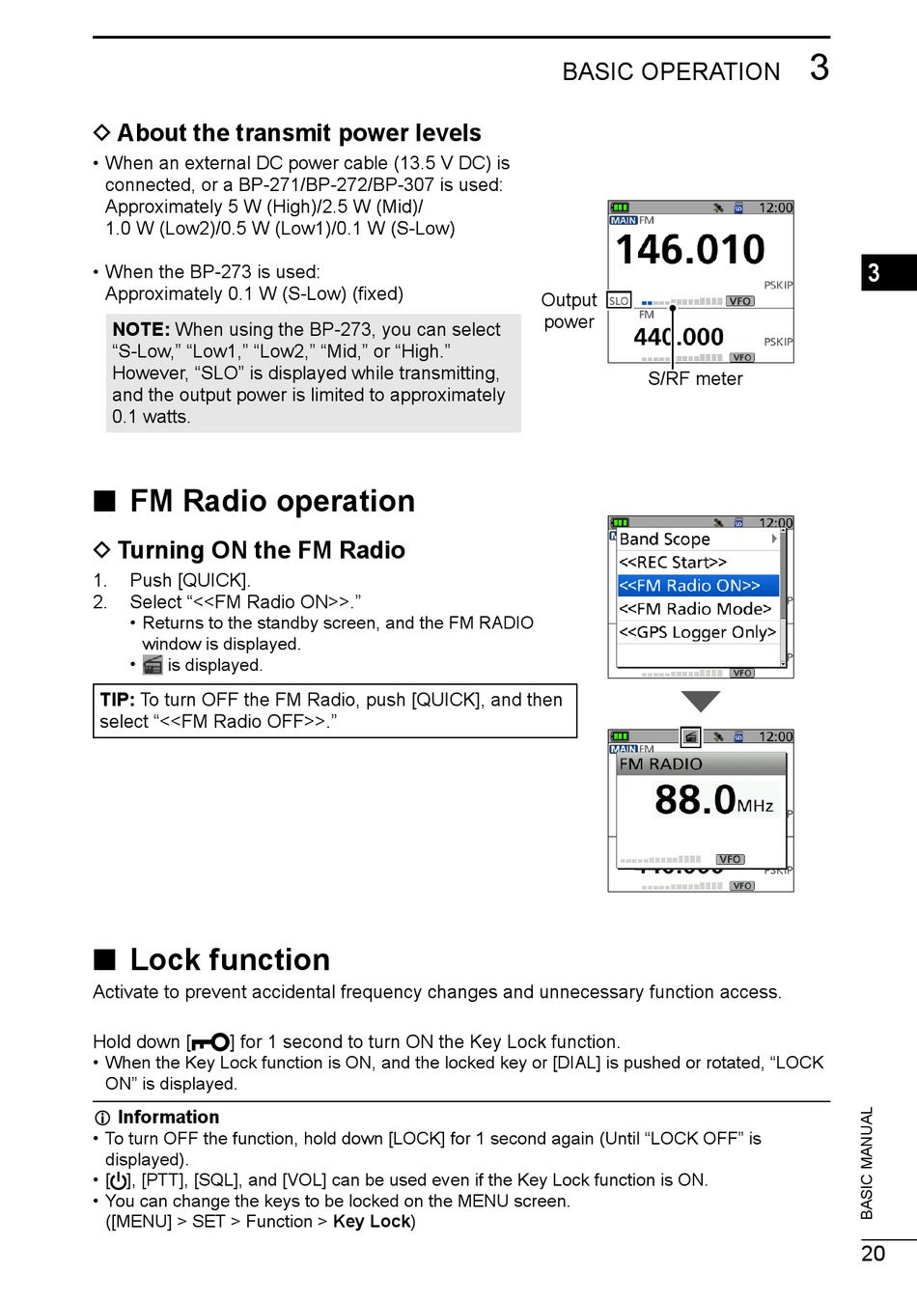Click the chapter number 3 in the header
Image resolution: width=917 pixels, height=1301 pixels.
pos(819,69)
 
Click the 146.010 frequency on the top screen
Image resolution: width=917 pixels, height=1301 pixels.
pos(690,250)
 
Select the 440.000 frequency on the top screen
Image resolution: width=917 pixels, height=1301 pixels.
pos(679,337)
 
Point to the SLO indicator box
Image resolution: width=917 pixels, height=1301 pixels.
pos(619,301)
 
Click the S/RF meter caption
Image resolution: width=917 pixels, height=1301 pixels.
pos(695,379)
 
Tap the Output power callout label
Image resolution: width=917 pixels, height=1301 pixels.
pos(569,311)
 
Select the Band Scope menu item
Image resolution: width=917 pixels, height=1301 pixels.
pos(665,540)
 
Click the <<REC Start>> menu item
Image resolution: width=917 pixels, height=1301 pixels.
pos(673,563)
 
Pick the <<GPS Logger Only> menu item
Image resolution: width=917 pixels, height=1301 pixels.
pos(697,632)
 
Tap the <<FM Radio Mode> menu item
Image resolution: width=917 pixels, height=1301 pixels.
pos(695,609)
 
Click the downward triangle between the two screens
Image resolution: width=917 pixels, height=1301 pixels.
pos(700,701)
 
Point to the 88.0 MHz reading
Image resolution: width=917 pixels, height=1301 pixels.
pos(712,800)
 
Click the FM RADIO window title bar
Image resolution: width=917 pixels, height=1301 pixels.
pos(701,763)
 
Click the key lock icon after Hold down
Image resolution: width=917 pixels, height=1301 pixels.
pos(210,1042)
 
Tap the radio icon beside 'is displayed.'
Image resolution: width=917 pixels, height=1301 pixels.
pos(153,665)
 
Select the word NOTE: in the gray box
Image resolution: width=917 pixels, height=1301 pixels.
pos(141,330)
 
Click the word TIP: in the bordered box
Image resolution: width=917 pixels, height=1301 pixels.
pos(117,700)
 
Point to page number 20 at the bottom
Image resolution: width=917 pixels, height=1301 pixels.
pos(873,1254)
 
